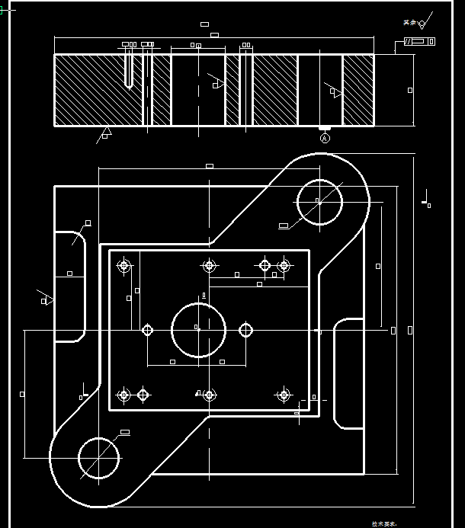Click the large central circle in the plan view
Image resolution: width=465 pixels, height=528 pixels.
coord(198,329)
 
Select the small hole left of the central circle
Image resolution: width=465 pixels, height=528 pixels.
coord(148,330)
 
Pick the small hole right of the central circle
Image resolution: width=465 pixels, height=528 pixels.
coord(245,330)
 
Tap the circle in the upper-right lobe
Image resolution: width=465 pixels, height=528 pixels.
coord(319,202)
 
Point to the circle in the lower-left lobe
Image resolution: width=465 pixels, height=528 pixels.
coord(99,457)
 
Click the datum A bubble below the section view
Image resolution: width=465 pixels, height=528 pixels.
coord(325,139)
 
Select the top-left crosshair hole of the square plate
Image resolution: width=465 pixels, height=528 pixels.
coord(123,266)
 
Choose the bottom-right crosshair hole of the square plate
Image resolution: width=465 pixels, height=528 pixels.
coord(284,395)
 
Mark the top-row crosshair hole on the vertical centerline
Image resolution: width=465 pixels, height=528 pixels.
coord(208,266)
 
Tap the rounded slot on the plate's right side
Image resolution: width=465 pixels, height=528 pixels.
coord(348,373)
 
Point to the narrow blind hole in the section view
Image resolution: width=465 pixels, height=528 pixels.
coord(133,70)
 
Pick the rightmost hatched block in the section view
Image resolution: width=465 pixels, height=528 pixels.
coord(358,90)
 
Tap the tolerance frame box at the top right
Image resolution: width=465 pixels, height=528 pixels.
coord(420,41)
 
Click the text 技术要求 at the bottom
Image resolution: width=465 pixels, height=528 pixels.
coord(384,523)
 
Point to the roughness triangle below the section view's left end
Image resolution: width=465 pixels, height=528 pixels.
coord(104,134)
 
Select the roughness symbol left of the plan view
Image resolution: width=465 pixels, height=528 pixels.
coord(46,298)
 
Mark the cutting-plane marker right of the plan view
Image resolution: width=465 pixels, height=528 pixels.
coord(426,200)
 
